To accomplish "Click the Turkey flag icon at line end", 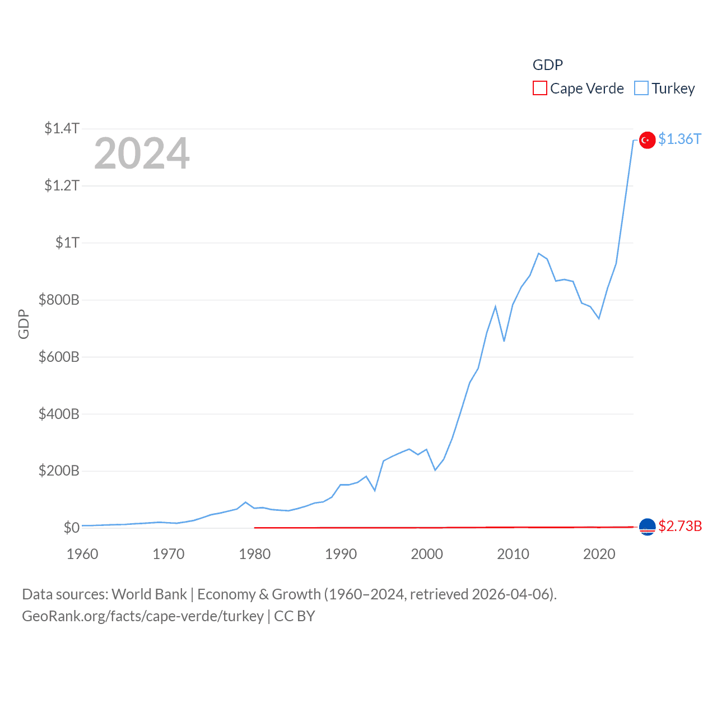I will point(647,139).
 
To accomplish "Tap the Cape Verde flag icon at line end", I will point(647,527).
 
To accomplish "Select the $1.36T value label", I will point(679,139).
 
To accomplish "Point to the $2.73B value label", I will point(680,527).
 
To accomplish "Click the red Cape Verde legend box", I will point(539,89).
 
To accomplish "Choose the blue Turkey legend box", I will point(641,89).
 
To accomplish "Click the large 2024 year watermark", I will point(142,153).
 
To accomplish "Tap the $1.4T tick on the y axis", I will point(62,128).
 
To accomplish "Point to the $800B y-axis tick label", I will point(59,300).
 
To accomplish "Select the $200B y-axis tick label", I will point(59,471).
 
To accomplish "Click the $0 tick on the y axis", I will point(71,528).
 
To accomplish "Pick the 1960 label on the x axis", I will point(82,554).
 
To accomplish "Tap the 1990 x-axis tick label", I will point(341,554).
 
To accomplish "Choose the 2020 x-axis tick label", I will point(599,554).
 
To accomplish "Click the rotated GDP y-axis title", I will point(24,324).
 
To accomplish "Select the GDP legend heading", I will point(547,65).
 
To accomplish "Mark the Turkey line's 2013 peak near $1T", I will point(538,254).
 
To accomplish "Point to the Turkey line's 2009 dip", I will point(504,341).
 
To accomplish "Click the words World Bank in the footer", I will point(149,594).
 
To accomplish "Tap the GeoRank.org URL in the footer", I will point(143,616).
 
